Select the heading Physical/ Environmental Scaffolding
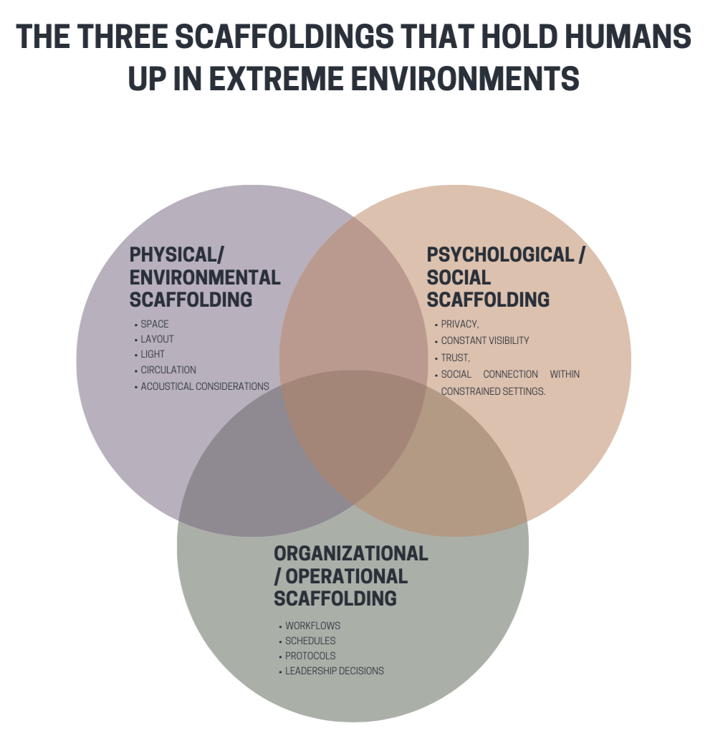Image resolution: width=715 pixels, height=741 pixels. pyautogui.click(x=205, y=277)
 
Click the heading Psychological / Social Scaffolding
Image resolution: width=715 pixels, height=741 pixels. pyautogui.click(x=505, y=277)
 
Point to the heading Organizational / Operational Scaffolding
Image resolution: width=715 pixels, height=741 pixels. pyautogui.click(x=351, y=575)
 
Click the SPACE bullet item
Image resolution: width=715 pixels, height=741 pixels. pyautogui.click(x=155, y=324)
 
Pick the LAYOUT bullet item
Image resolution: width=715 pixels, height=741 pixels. pyautogui.click(x=157, y=339)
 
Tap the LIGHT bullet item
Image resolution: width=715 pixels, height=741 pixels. pyautogui.click(x=153, y=354)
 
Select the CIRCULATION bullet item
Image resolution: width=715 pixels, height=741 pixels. pyautogui.click(x=168, y=370)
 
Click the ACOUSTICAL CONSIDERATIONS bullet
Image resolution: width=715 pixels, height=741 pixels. pyautogui.click(x=204, y=386)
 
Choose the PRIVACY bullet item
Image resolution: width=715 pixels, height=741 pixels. pyautogui.click(x=459, y=324)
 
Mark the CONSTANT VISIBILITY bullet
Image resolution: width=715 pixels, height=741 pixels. pyautogui.click(x=485, y=340)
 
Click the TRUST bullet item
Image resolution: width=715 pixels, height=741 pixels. pyautogui.click(x=455, y=357)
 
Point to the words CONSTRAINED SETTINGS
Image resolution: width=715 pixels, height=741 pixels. pyautogui.click(x=493, y=391)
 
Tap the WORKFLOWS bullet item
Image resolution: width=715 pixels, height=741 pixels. pyautogui.click(x=312, y=626)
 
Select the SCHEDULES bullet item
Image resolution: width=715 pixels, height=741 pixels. pyautogui.click(x=310, y=641)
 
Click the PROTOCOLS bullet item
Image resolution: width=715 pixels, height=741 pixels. pyautogui.click(x=310, y=656)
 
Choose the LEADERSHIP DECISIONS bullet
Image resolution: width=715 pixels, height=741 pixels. pyautogui.click(x=334, y=671)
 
